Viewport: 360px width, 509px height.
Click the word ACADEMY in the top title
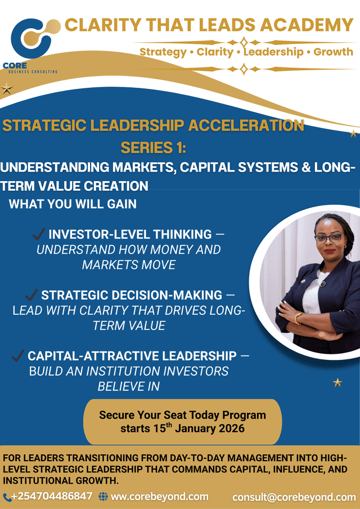tap(304, 25)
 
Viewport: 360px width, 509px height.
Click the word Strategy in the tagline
tap(163, 52)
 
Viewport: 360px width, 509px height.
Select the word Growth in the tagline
tap(334, 52)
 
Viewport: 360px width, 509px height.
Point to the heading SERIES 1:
tap(153, 147)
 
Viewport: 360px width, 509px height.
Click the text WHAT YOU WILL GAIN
tap(73, 204)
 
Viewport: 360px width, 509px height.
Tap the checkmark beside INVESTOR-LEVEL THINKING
tap(39, 234)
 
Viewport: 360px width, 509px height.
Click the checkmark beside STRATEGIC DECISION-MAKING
tap(31, 295)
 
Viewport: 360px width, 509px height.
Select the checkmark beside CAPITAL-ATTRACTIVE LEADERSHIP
tap(18, 355)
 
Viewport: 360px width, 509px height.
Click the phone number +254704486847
tap(51, 497)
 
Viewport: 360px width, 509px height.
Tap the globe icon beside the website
tap(103, 497)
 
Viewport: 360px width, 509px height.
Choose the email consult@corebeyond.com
tap(294, 497)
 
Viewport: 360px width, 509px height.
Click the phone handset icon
tap(6, 497)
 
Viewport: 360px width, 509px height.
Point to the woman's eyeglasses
tap(328, 237)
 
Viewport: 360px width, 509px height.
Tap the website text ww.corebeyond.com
tap(160, 497)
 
